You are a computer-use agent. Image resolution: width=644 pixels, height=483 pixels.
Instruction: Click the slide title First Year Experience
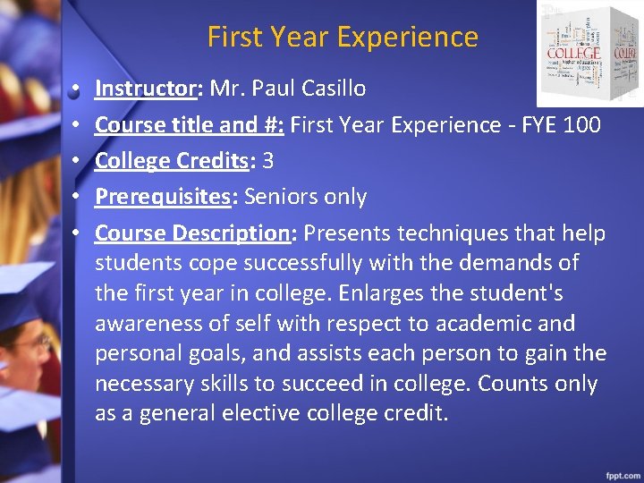point(343,37)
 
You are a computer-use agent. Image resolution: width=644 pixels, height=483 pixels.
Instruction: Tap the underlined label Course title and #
point(190,125)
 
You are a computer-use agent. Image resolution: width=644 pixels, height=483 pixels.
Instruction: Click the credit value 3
point(268,161)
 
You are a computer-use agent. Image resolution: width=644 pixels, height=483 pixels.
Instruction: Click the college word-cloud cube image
point(589,54)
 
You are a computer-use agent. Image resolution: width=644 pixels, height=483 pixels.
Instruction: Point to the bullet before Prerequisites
point(78,197)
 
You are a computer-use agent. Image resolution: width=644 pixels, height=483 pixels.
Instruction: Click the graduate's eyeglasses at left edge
point(31,342)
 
